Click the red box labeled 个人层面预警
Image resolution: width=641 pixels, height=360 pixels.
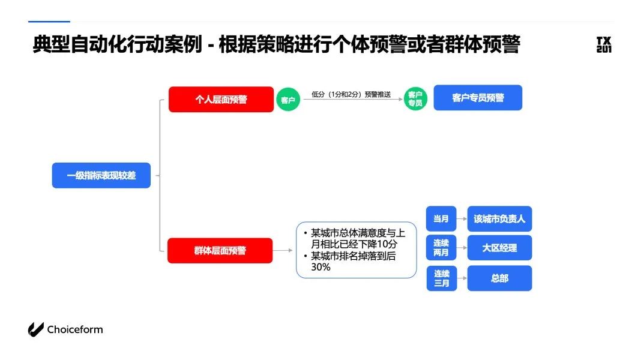click(221, 100)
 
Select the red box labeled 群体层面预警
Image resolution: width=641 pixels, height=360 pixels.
click(220, 251)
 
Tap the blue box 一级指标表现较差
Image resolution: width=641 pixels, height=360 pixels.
click(101, 176)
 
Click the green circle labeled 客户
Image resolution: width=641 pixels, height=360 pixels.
click(288, 100)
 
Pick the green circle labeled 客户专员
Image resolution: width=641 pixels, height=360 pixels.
click(415, 99)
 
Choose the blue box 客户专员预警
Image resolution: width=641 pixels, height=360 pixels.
click(478, 98)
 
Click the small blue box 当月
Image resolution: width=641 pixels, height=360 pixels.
click(441, 219)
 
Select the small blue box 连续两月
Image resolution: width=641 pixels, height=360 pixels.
click(441, 248)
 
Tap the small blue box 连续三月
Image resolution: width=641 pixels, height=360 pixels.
click(441, 278)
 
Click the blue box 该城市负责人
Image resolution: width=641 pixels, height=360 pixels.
click(499, 219)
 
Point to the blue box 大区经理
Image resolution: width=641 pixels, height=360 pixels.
click(499, 248)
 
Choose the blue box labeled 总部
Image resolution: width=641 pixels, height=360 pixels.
click(499, 278)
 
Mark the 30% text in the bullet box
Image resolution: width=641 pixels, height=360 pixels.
click(320, 268)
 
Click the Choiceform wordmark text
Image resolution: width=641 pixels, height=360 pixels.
click(75, 329)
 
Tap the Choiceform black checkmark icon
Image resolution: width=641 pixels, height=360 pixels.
click(36, 329)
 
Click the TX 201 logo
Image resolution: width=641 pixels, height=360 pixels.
click(604, 45)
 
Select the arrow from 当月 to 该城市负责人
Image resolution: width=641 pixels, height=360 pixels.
click(461, 219)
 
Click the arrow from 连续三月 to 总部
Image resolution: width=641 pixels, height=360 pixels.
click(461, 278)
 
